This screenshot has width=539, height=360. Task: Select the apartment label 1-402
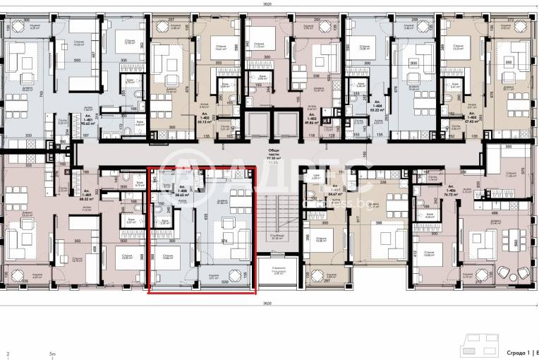click(x=186, y=119)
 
